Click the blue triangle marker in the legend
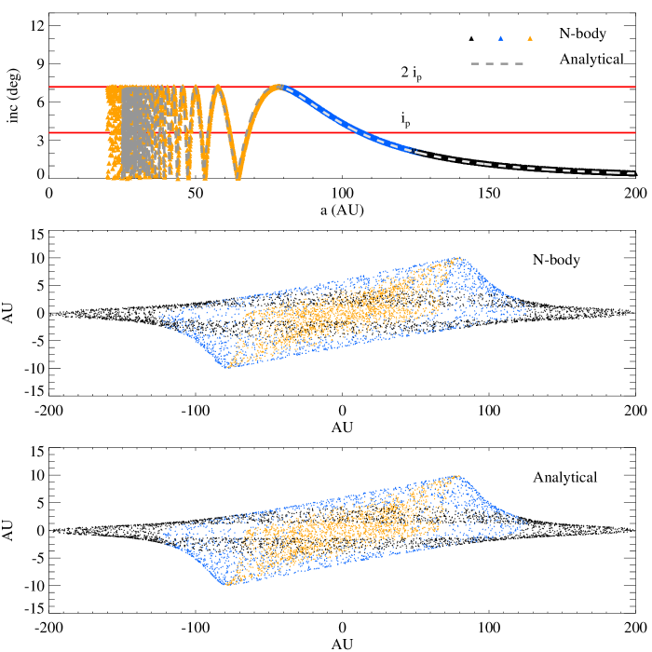point(500,38)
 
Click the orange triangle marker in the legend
point(530,38)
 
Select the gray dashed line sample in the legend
point(497,63)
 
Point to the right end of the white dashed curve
point(634,173)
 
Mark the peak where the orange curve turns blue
point(279,87)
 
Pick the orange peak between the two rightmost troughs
point(218,88)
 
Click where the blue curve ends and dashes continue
point(424,153)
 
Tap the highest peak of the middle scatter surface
point(457,258)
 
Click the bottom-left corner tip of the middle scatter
point(226,367)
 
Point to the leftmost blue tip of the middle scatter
point(159,318)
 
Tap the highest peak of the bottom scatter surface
point(456,476)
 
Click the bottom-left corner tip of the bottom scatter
point(226,585)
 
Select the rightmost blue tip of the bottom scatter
point(527,523)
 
